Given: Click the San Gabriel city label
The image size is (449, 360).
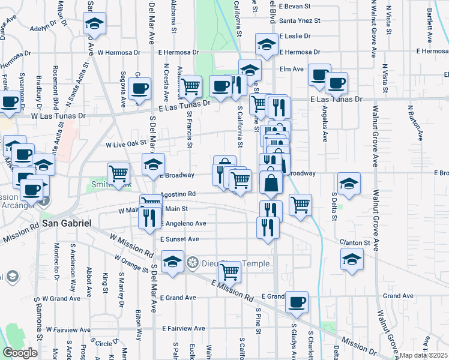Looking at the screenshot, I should coord(66,223).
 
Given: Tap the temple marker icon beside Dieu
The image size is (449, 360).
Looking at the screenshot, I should coord(192,262).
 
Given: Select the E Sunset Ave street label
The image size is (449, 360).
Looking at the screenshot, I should coord(179,239).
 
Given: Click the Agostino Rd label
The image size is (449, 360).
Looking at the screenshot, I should coord(178,194).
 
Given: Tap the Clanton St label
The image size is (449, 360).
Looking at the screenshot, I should coord(355,242).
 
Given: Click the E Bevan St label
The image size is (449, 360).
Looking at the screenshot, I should coord(298,5).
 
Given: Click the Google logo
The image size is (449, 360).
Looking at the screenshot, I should coord(20,353).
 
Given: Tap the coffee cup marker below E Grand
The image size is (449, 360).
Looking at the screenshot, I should coord(297,302).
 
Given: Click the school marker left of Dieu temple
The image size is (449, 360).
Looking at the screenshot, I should coord(172,262).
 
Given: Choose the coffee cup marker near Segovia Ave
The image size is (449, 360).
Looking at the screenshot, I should coord(139,89).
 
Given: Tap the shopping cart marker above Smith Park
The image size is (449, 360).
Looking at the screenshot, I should coord(119,173).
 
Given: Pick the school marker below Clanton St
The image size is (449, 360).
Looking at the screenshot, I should coord(352,259).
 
